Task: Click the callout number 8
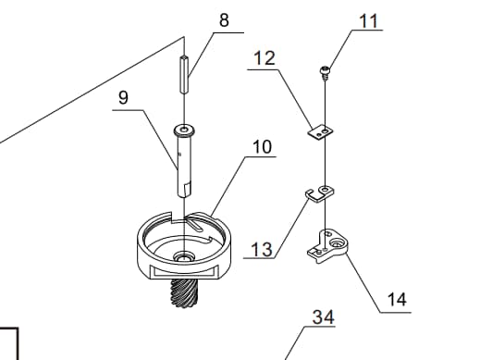click(x=224, y=20)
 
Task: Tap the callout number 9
click(x=123, y=97)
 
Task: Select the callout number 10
click(x=262, y=147)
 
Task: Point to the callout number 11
click(x=368, y=21)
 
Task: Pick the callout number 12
click(x=265, y=58)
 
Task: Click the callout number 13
click(x=262, y=249)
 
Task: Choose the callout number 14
click(x=397, y=300)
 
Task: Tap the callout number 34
click(x=323, y=317)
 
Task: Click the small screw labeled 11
click(x=325, y=72)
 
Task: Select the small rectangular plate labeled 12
click(x=321, y=132)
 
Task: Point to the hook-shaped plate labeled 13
click(x=320, y=194)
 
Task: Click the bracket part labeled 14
click(x=327, y=245)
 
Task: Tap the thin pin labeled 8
click(x=184, y=74)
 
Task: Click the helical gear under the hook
click(x=184, y=292)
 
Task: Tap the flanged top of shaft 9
click(x=184, y=130)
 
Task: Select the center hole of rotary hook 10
click(x=184, y=256)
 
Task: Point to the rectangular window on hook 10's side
click(x=184, y=271)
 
